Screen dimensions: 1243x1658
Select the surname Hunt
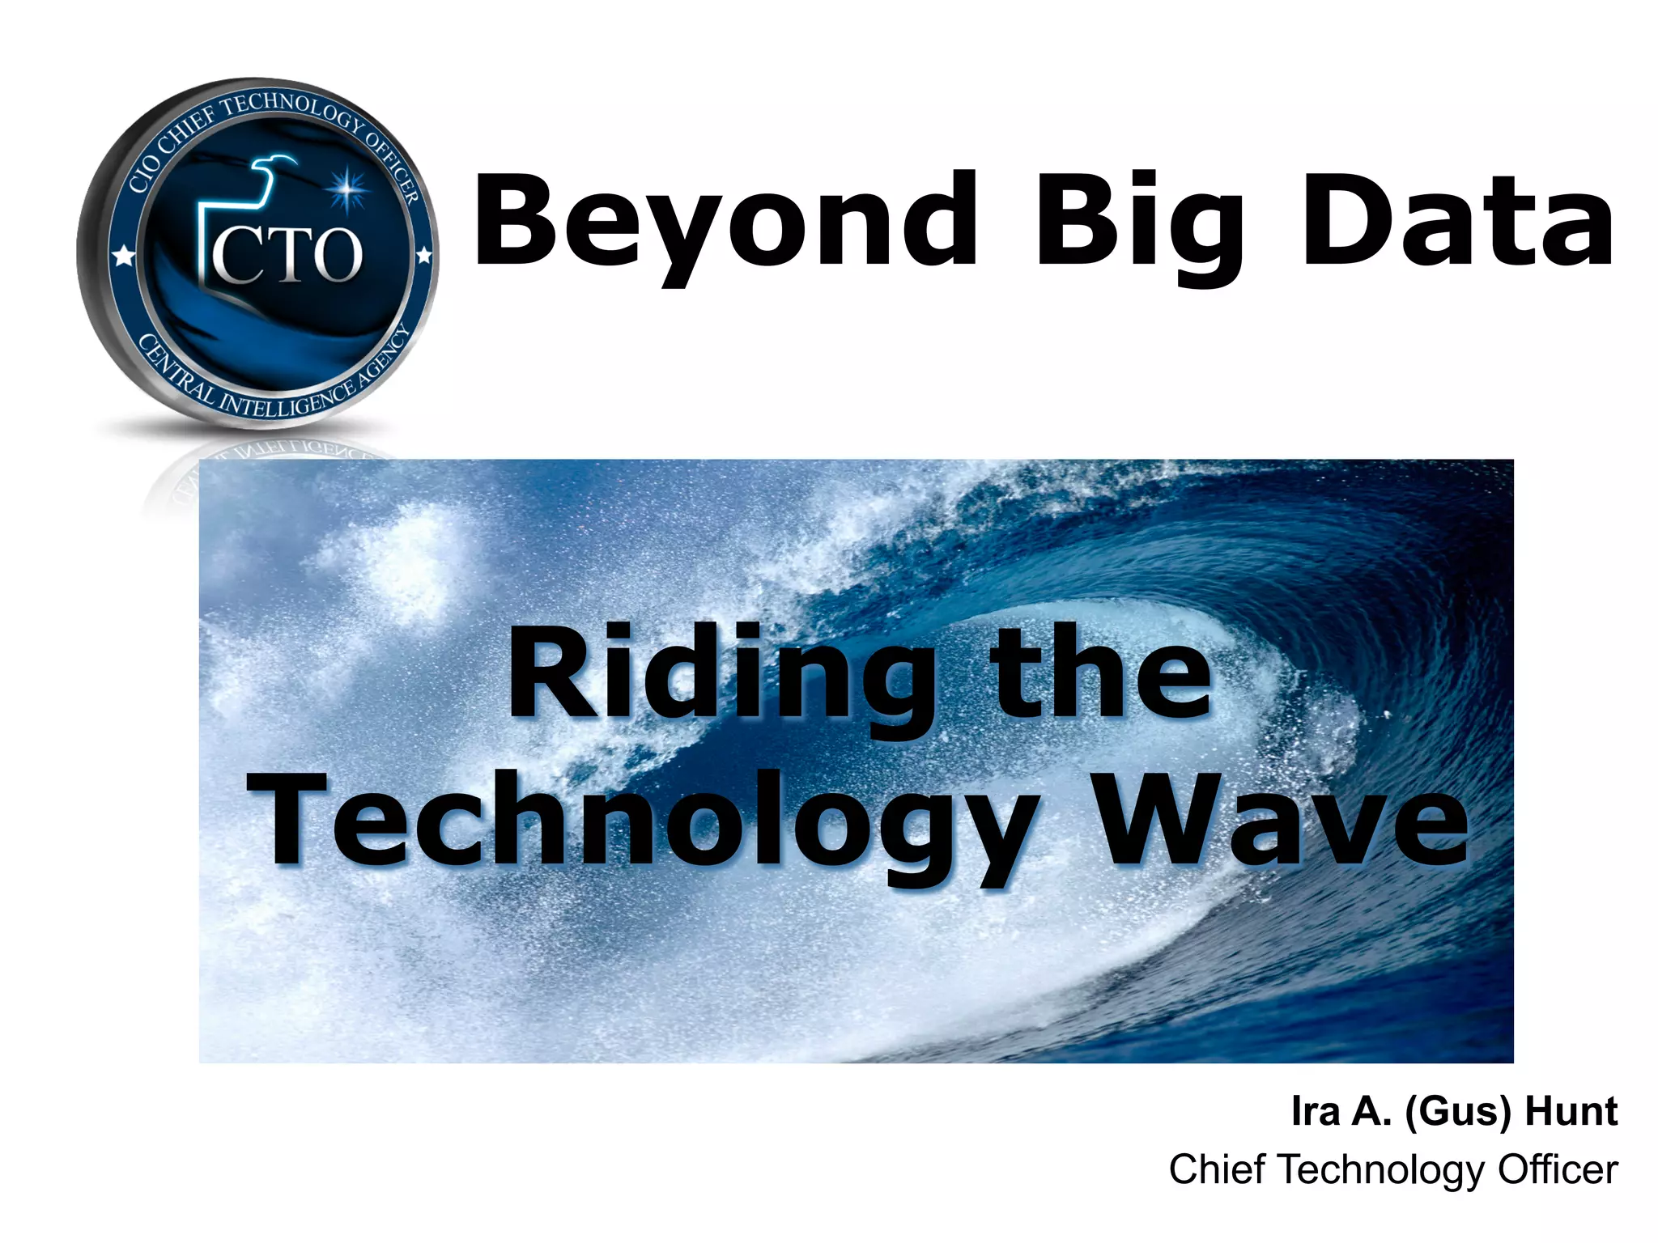click(x=1571, y=1111)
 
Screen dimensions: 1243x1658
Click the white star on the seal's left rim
click(x=123, y=257)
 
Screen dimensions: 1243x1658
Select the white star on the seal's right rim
click(x=423, y=257)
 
